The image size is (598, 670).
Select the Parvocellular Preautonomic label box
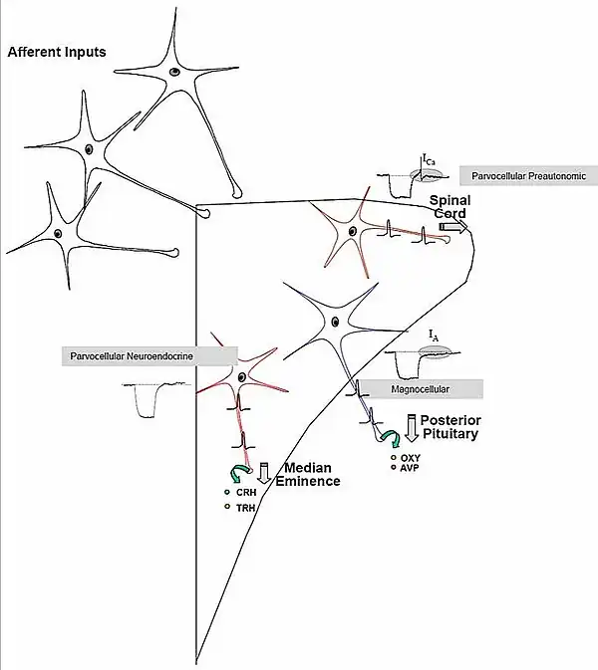click(527, 176)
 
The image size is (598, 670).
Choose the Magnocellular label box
click(418, 389)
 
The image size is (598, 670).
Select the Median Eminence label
click(313, 475)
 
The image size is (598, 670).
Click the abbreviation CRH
click(245, 492)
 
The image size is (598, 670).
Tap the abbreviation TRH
click(245, 508)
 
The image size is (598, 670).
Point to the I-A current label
click(433, 337)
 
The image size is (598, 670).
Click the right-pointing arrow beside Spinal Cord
click(454, 228)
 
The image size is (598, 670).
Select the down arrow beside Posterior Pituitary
click(412, 425)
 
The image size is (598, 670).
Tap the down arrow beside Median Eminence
click(265, 472)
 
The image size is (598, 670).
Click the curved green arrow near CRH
click(239, 472)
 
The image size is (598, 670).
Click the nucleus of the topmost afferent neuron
click(175, 72)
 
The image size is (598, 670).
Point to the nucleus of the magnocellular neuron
click(336, 321)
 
